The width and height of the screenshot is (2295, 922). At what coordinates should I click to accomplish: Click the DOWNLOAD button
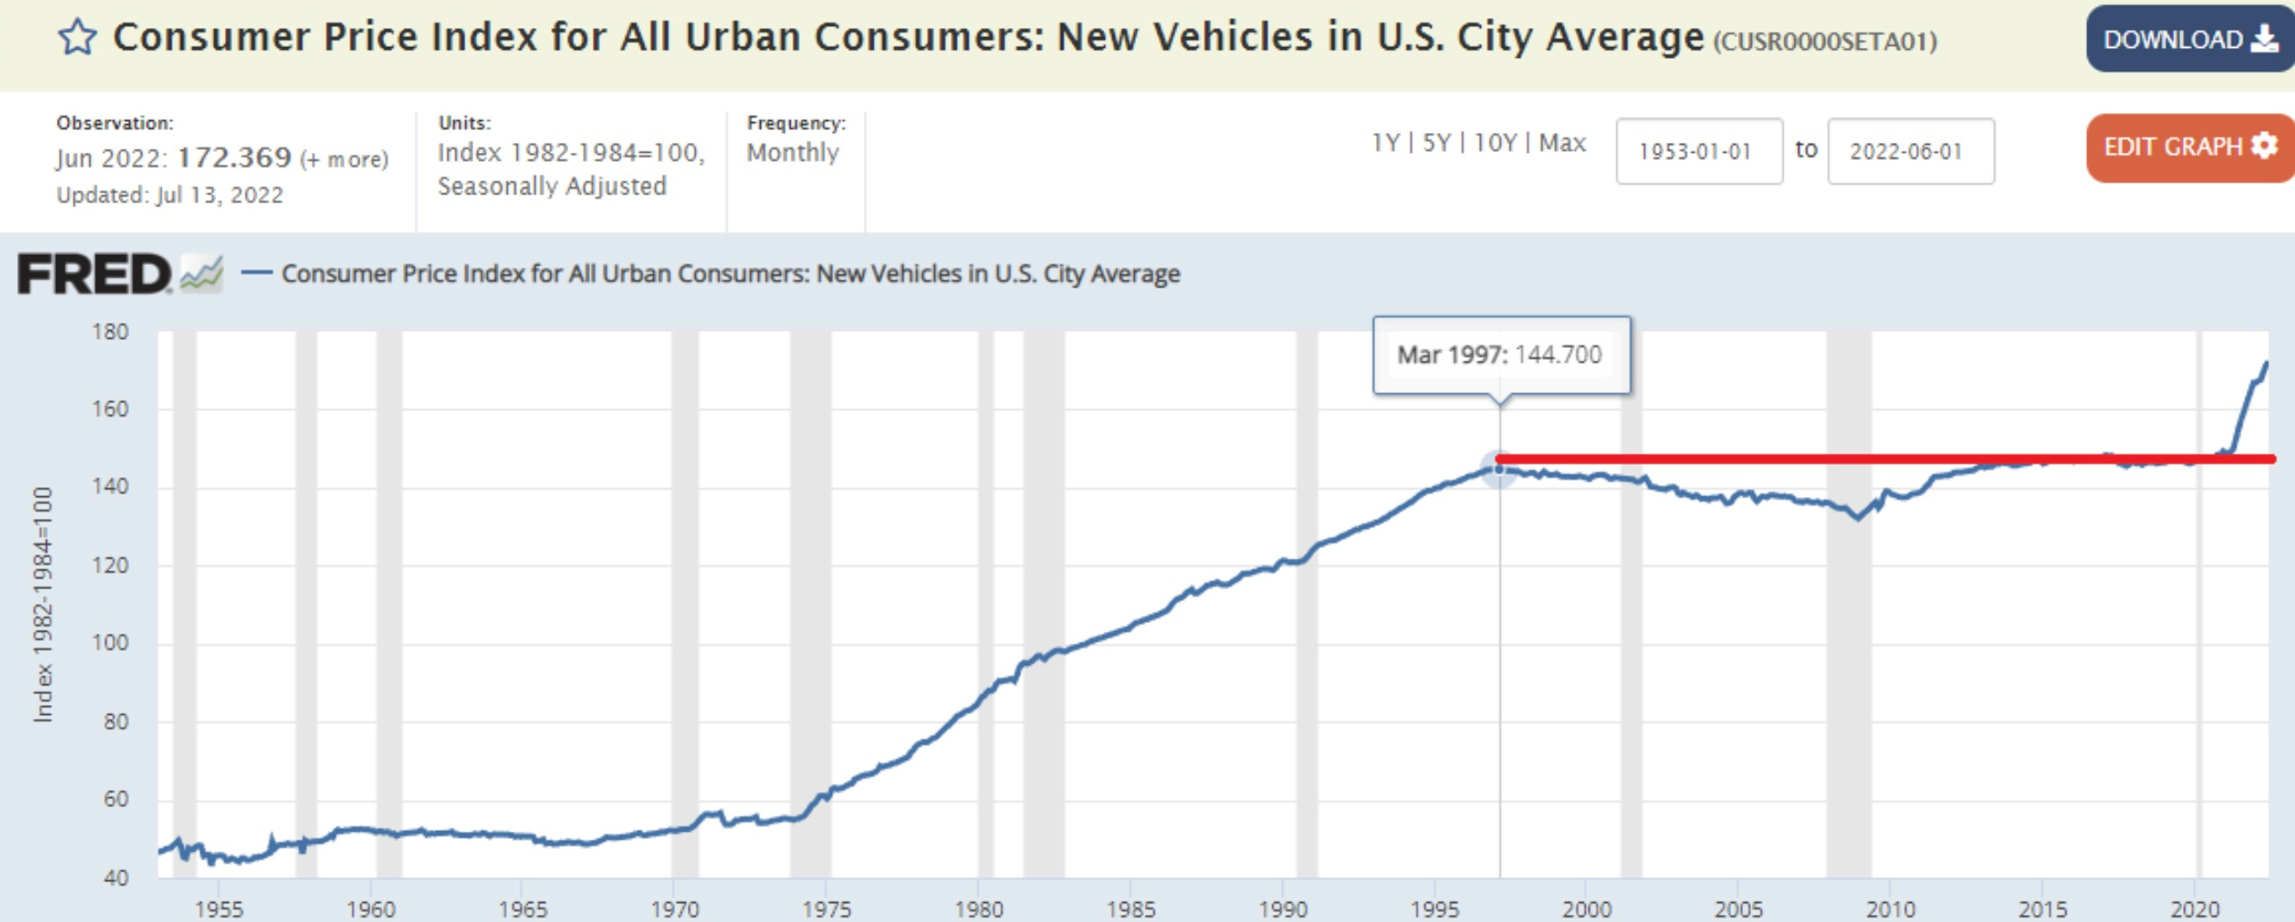(x=2188, y=39)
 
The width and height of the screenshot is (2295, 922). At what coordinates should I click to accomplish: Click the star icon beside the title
(x=78, y=38)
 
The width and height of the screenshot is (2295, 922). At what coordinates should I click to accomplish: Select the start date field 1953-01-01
(x=1698, y=151)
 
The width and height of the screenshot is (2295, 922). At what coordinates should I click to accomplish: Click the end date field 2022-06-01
(x=1909, y=151)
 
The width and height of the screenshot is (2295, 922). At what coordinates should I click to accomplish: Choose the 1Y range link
(x=1385, y=143)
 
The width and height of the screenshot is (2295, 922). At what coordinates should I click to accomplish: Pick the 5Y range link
(x=1437, y=143)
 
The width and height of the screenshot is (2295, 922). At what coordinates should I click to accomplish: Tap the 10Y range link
(x=1494, y=143)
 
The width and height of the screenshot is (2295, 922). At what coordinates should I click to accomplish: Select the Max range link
(x=1562, y=143)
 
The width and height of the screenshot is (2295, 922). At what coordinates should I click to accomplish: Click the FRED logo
(x=95, y=273)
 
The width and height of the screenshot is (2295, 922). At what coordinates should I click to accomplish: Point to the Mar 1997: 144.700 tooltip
(x=1501, y=354)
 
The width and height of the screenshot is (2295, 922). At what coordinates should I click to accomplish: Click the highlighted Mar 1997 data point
(x=1499, y=469)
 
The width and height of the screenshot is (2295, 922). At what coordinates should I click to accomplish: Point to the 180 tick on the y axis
(x=110, y=332)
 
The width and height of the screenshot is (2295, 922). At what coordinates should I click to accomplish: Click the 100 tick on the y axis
(x=110, y=643)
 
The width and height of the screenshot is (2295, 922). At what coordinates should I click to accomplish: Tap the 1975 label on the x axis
(x=827, y=908)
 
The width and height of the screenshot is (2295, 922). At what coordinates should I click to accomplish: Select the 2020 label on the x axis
(x=2195, y=908)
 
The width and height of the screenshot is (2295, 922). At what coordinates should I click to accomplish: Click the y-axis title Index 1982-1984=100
(x=42, y=604)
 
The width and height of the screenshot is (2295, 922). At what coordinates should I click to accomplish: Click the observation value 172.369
(x=234, y=157)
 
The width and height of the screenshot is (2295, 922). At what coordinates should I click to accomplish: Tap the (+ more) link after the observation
(x=344, y=159)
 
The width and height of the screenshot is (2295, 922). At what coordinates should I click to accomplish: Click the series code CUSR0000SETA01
(x=1825, y=42)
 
